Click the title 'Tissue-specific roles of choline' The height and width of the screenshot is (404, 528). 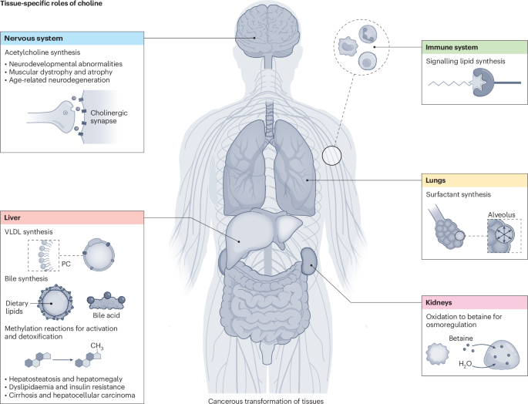tap(50, 5)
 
